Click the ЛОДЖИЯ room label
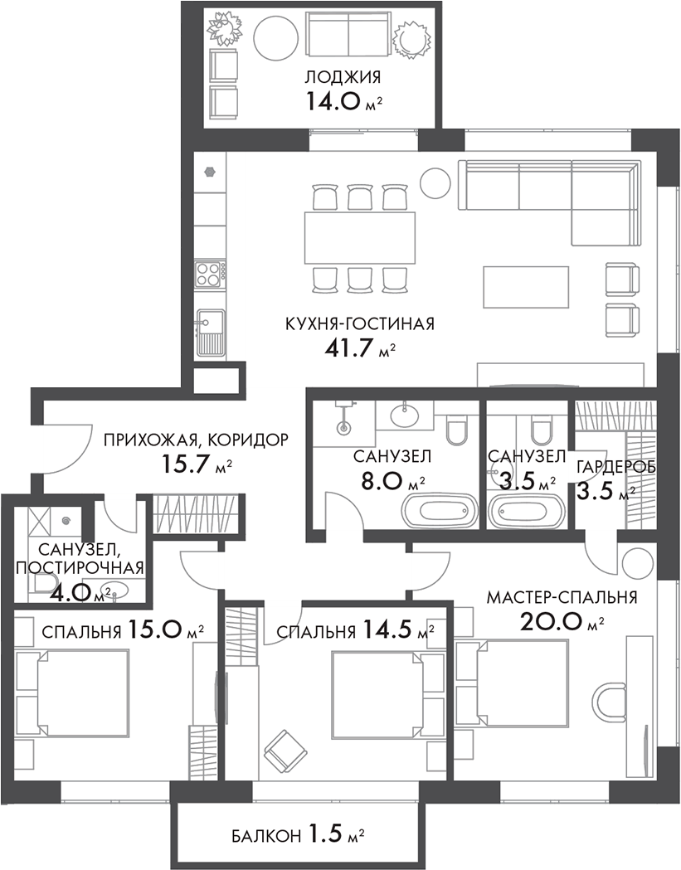coord(343,78)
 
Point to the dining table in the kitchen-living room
coord(360,237)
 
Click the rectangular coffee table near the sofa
coord(527,286)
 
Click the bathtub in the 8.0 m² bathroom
coord(440,510)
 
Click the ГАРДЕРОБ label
coord(616,467)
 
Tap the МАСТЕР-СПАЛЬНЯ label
coord(562,597)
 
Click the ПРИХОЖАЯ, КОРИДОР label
coord(196,440)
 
